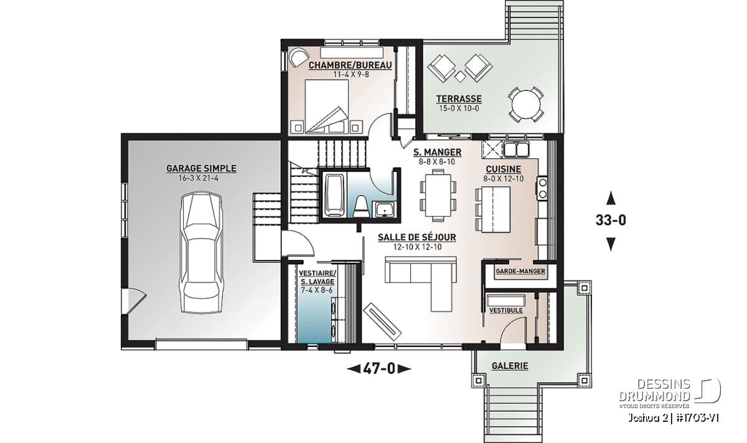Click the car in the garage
[x=200, y=252]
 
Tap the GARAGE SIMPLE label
[x=201, y=169]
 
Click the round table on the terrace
[x=525, y=105]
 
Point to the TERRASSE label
[x=459, y=99]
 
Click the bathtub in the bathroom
[x=334, y=196]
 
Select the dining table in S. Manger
[x=438, y=195]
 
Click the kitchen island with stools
[x=493, y=209]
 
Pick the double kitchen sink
[x=516, y=150]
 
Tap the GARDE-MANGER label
[x=520, y=272]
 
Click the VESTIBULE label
[x=505, y=310]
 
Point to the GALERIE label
[x=510, y=366]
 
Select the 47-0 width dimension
[x=379, y=369]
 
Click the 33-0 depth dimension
[x=611, y=221]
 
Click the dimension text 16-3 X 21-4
[x=199, y=178]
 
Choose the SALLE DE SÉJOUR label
[x=417, y=237]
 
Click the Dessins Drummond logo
[x=670, y=393]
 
